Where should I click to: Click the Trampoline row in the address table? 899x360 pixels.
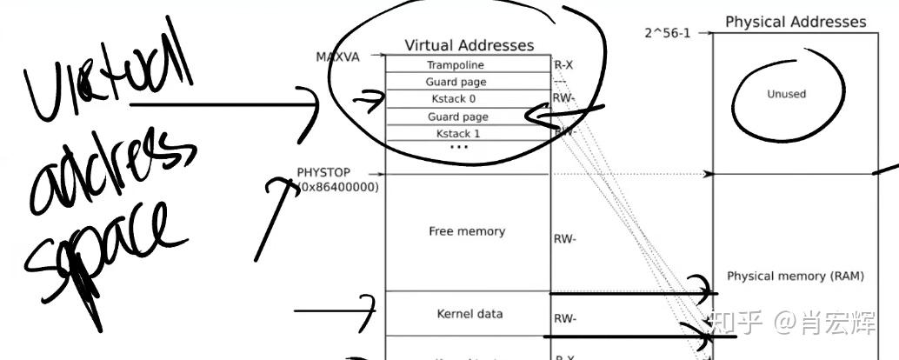tap(456, 65)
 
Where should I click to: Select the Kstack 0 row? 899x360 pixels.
tap(456, 99)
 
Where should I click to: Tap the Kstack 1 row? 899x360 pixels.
tap(458, 133)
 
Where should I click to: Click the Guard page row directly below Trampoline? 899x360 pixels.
tap(456, 82)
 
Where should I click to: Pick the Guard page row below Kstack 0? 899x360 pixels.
tap(457, 117)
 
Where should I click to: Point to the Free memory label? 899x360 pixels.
tap(467, 231)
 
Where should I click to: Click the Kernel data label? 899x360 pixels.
tap(469, 313)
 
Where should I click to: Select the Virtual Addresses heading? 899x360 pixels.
tap(469, 45)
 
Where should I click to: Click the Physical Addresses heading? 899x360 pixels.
tap(796, 22)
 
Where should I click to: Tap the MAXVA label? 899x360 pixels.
tap(336, 57)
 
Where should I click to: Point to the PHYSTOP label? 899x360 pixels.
tap(323, 173)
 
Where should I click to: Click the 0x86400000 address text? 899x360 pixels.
tap(339, 187)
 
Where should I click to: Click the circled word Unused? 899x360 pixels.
tap(786, 94)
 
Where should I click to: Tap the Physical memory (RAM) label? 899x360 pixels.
tap(795, 276)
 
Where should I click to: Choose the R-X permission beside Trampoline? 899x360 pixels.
tap(563, 65)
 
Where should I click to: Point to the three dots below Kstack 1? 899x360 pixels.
tap(459, 147)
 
